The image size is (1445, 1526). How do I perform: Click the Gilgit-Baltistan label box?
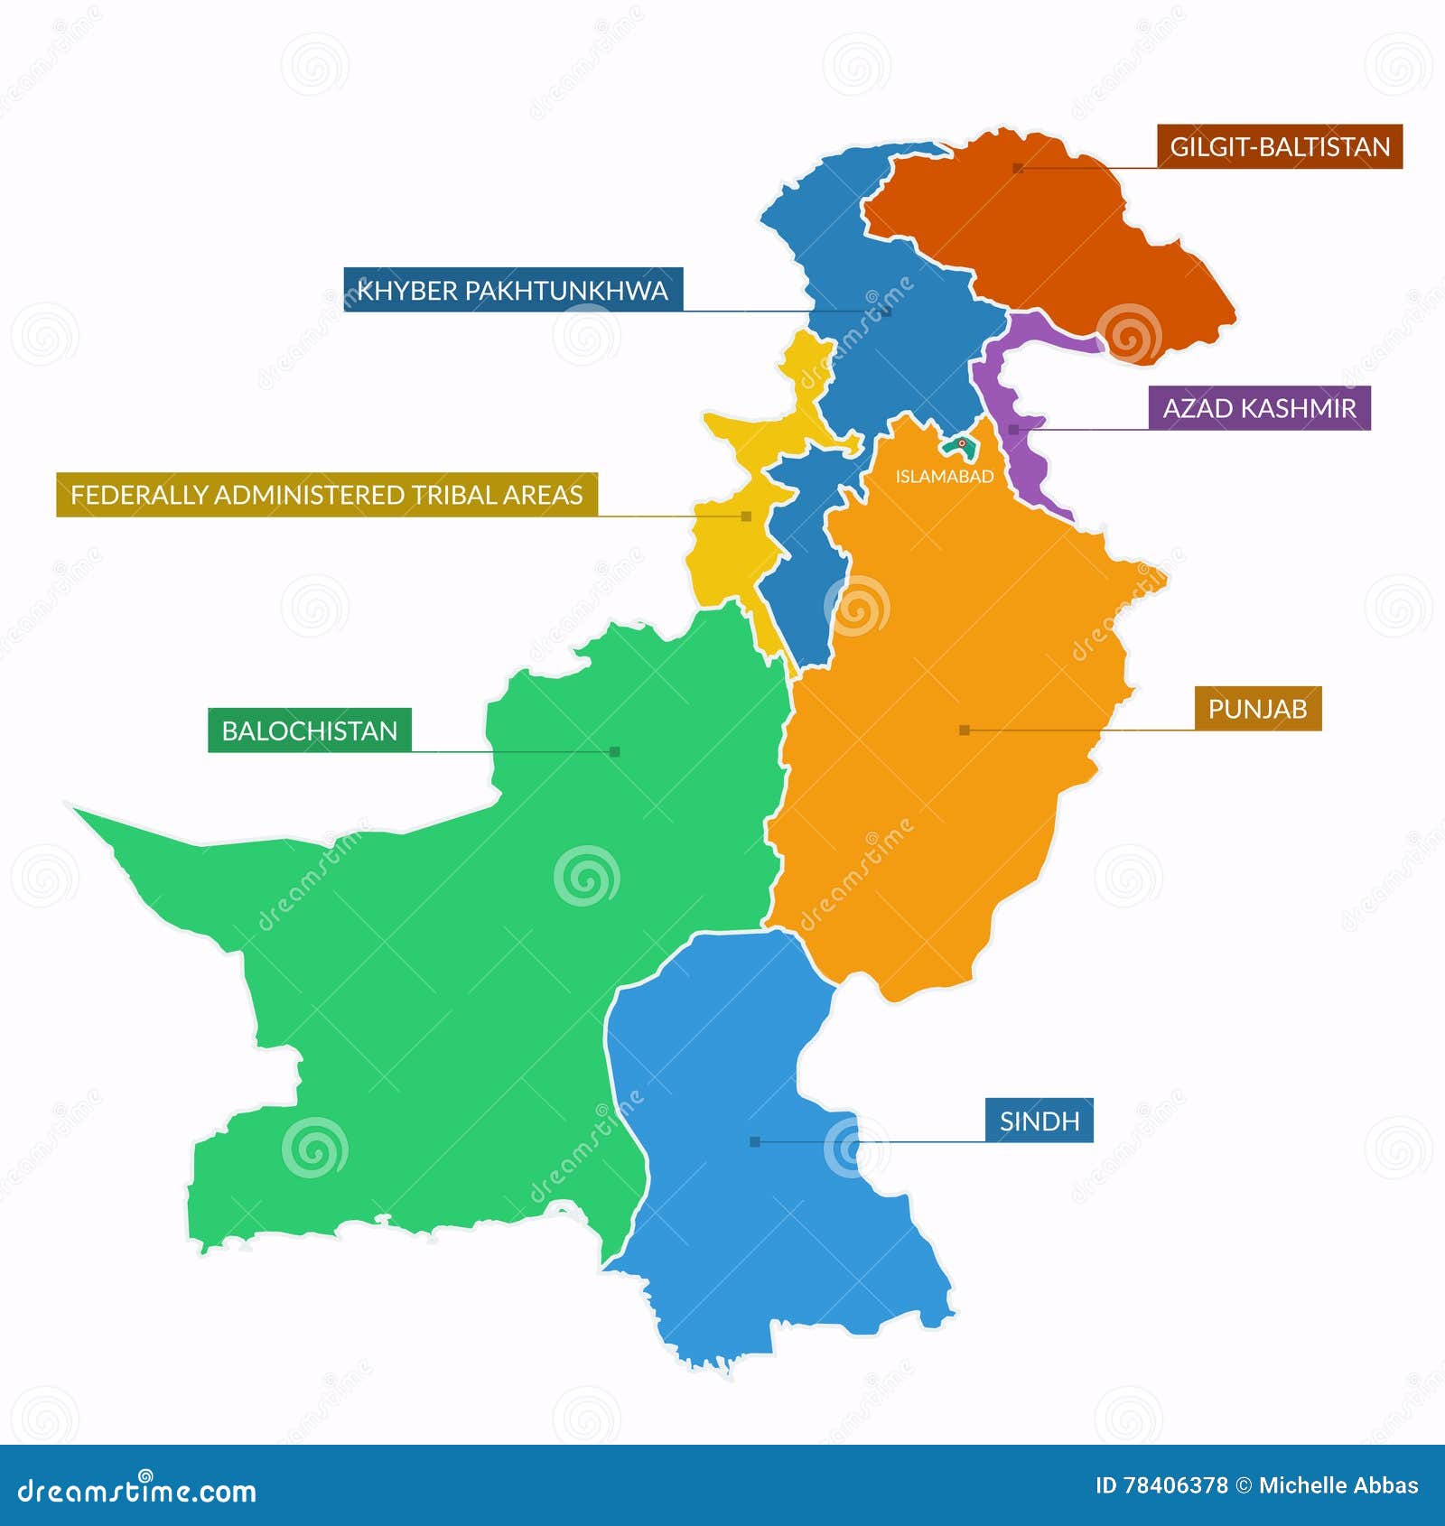tap(1279, 146)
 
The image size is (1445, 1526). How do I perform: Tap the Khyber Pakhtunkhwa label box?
tap(512, 290)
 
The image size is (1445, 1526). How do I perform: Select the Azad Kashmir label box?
tap(1259, 408)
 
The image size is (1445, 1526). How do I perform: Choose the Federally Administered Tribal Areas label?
tap(326, 495)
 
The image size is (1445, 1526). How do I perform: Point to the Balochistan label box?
tap(309, 730)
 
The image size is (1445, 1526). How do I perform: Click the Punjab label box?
tap(1257, 709)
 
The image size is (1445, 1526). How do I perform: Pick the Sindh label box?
tap(1039, 1121)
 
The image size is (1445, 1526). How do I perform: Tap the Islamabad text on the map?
tap(944, 476)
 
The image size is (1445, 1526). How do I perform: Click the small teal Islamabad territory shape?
tap(957, 445)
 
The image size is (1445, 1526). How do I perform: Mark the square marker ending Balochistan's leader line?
tap(615, 751)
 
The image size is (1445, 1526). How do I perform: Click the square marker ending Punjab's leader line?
tap(964, 730)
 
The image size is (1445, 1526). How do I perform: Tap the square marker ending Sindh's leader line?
tap(755, 1142)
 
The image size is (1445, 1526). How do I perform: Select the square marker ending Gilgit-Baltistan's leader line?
tap(1018, 168)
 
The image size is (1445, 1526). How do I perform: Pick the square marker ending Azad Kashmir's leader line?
tap(1013, 430)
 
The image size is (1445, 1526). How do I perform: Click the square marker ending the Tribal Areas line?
tap(746, 516)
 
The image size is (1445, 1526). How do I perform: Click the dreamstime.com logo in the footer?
tap(137, 1491)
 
